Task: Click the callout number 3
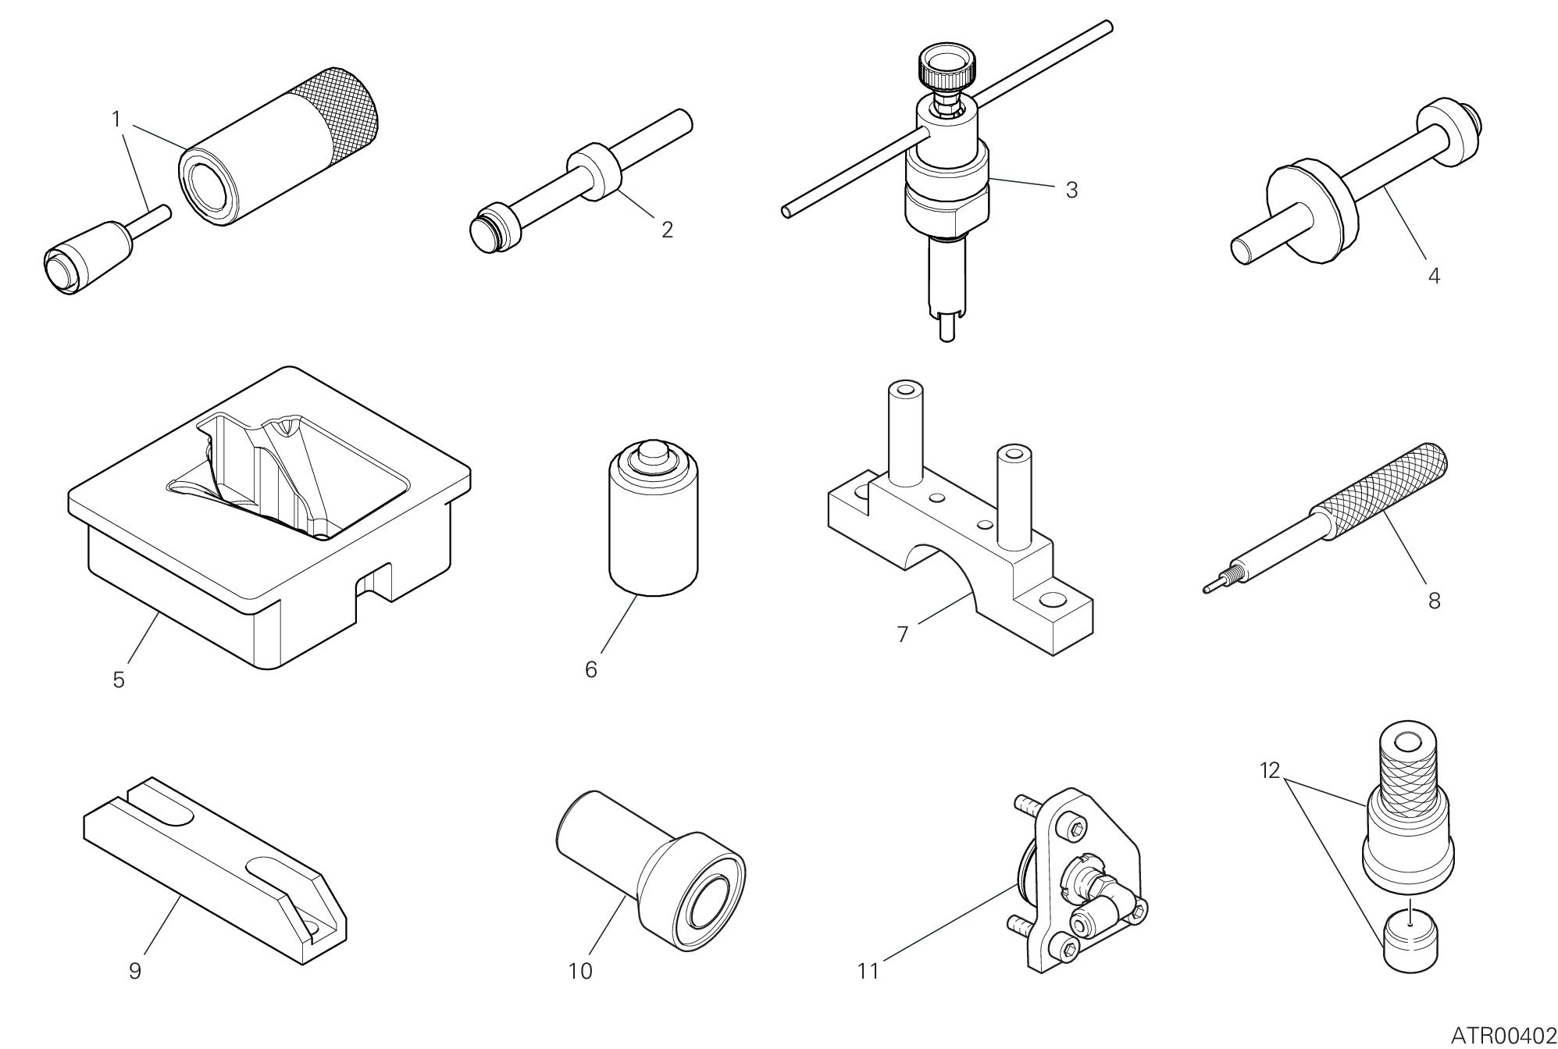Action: tap(1071, 190)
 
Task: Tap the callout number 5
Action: tap(119, 680)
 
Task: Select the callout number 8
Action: tap(1434, 601)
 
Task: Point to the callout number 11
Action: tap(868, 971)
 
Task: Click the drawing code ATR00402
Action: tap(1504, 1036)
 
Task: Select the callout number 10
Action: tap(580, 971)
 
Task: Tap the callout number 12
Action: tap(1270, 771)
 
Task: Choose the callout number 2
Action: tap(667, 230)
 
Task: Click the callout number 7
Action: tap(903, 635)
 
